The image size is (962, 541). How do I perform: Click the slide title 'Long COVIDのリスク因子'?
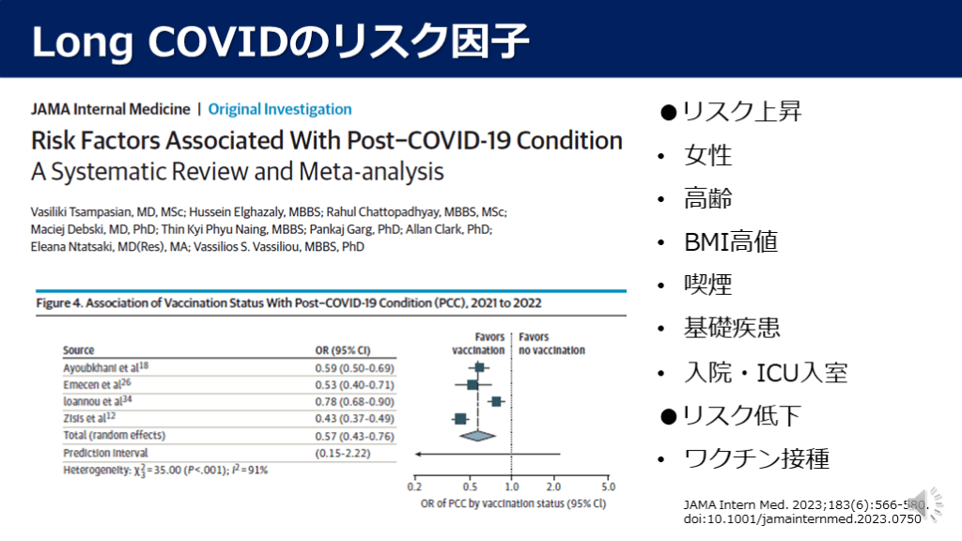click(281, 40)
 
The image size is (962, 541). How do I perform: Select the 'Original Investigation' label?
click(280, 109)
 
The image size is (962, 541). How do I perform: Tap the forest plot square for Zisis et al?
click(460, 419)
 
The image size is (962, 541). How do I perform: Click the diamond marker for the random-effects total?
click(476, 435)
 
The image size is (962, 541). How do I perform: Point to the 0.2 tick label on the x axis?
click(414, 487)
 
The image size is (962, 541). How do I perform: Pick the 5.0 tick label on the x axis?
click(608, 487)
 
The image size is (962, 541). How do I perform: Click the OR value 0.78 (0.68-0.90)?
click(353, 401)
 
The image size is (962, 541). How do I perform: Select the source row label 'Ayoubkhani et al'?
click(101, 367)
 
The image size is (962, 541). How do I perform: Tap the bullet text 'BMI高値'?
click(731, 241)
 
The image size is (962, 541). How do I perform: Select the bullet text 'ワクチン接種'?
click(756, 458)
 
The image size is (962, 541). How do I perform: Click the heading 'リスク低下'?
click(741, 415)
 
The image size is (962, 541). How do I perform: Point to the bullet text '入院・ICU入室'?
click(766, 372)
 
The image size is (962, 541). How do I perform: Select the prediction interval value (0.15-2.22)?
click(344, 453)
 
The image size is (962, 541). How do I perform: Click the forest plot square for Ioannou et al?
click(496, 402)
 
